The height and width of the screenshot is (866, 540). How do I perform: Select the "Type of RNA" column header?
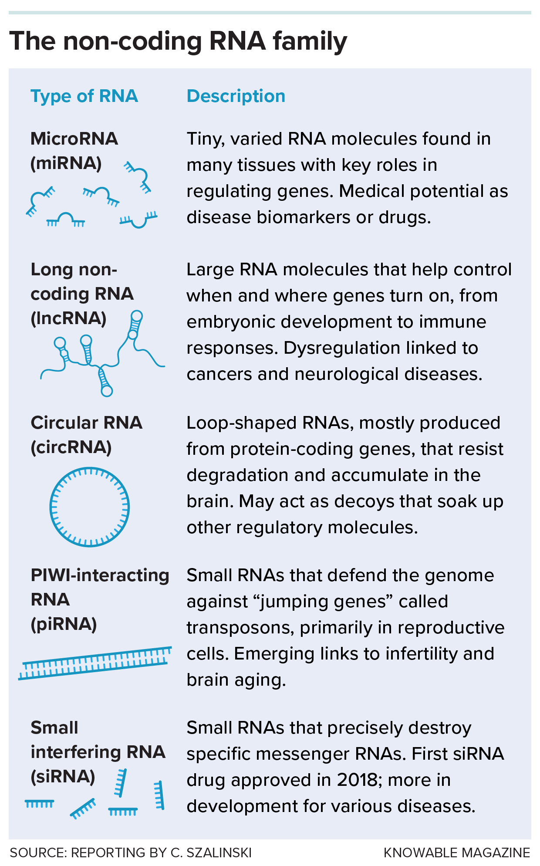pos(84,96)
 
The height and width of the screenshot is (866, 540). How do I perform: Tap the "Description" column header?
pos(236,96)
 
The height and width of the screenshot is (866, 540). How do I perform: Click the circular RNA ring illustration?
pos(90,507)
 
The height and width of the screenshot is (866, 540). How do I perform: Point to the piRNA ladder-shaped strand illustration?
pos(95,663)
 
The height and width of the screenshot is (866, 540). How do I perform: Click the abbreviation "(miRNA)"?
pos(66,163)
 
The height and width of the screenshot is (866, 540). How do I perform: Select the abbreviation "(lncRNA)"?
pos(68,318)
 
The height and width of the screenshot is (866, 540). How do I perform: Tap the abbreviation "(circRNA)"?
pos(71,447)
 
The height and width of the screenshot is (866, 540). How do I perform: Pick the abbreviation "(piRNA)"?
pos(64,624)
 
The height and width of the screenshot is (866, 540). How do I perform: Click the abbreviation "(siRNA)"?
pos(63,777)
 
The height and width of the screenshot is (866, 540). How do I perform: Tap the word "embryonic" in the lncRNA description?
pos(220,322)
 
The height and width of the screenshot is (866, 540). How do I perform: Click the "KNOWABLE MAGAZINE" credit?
pos(456,852)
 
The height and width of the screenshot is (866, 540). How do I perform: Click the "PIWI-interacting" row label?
pos(100,575)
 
